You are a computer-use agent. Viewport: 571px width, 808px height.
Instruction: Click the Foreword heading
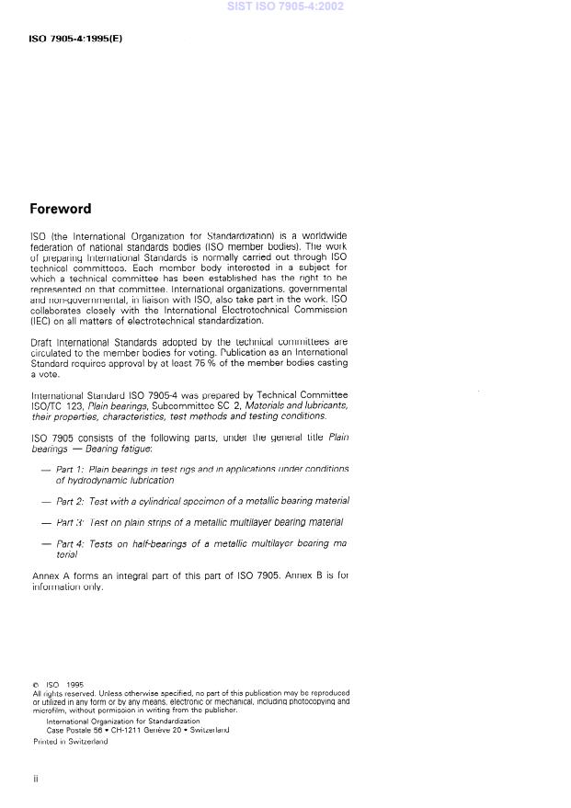60,209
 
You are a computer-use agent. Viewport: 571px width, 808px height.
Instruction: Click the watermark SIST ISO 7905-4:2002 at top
285,6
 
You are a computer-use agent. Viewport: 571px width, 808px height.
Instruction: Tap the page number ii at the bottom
35,778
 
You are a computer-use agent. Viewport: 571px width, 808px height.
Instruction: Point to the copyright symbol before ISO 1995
34,684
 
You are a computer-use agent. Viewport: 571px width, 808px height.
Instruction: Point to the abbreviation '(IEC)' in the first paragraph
40,321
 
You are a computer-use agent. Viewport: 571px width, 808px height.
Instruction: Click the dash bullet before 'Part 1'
46,469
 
